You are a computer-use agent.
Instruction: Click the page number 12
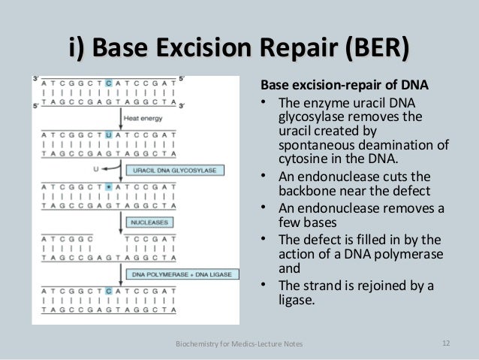click(446, 343)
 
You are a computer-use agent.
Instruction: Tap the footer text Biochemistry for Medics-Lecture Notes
click(239, 344)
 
